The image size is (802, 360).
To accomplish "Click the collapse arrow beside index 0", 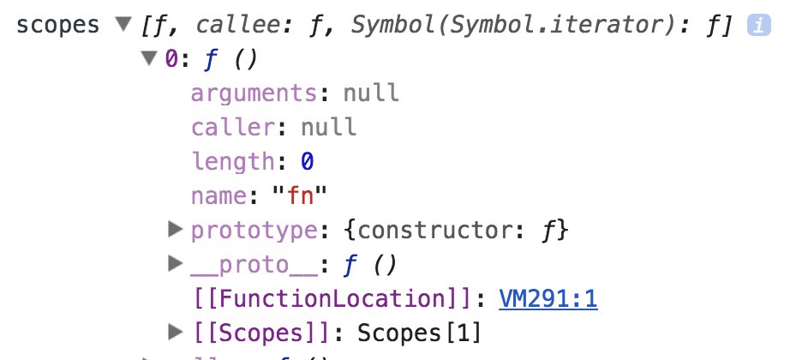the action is pos(150,59).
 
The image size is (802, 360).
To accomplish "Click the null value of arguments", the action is pos(371,93).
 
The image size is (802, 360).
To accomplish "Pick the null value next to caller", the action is pos(328,127).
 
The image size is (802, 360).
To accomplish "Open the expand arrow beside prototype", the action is pos(176,229).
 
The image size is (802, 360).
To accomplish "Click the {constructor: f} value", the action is pos(435,230).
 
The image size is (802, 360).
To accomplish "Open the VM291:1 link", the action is pos(548,298).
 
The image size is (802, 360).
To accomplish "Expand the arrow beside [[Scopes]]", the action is pos(176,330).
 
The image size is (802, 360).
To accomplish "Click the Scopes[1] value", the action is pos(420,332).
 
